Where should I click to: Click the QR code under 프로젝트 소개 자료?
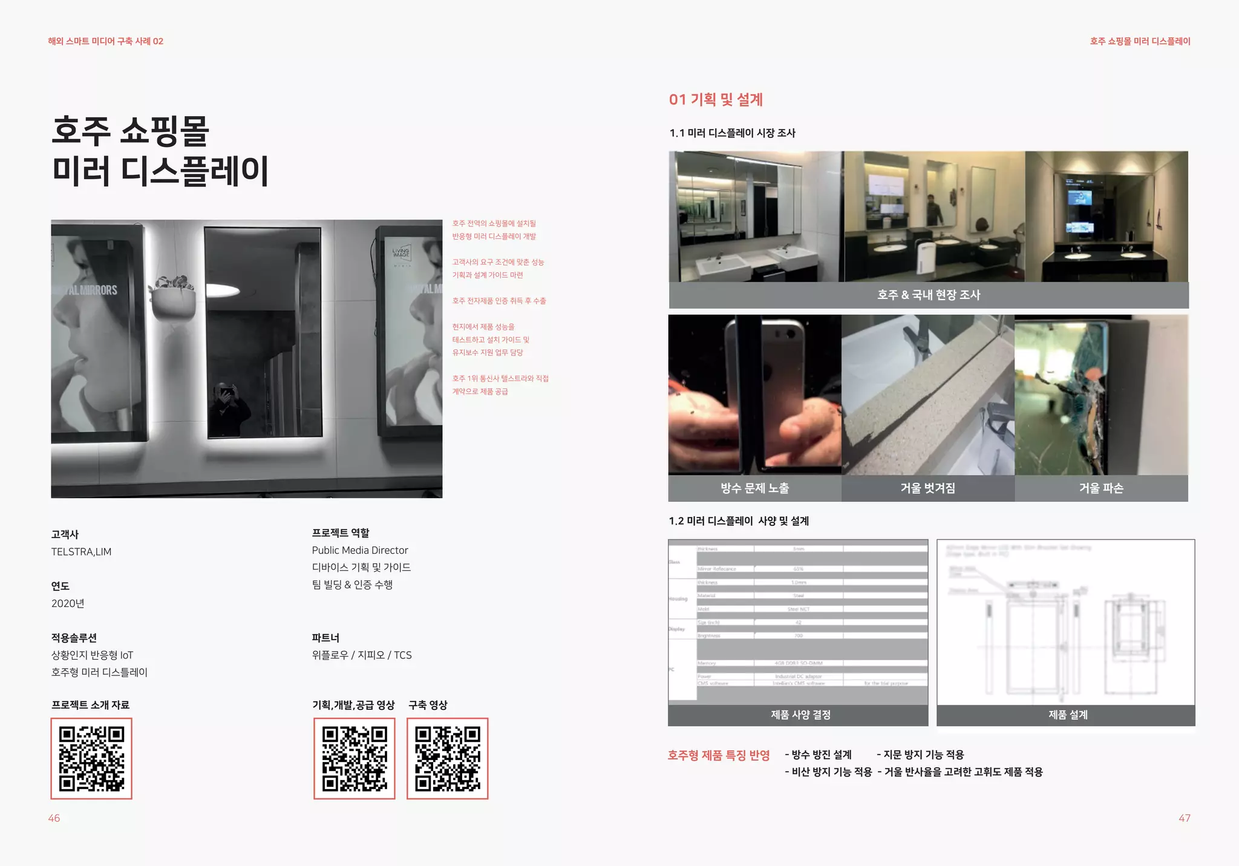91,758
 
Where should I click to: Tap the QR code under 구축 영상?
447,758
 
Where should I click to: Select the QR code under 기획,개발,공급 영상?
355,758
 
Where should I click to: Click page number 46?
54,818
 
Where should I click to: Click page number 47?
1184,818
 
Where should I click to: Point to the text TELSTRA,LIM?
81,552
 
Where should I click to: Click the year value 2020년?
68,603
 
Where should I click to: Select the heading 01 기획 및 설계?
716,100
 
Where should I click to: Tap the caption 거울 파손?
1101,488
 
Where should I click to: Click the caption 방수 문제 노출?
754,488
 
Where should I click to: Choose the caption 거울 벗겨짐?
927,488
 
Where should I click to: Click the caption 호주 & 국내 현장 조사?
929,295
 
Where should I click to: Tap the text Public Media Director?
360,550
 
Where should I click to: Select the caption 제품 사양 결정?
800,715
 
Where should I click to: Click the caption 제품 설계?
1068,715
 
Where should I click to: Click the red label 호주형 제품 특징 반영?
719,755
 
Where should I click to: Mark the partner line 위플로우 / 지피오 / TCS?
362,655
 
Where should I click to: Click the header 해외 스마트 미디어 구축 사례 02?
106,41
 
